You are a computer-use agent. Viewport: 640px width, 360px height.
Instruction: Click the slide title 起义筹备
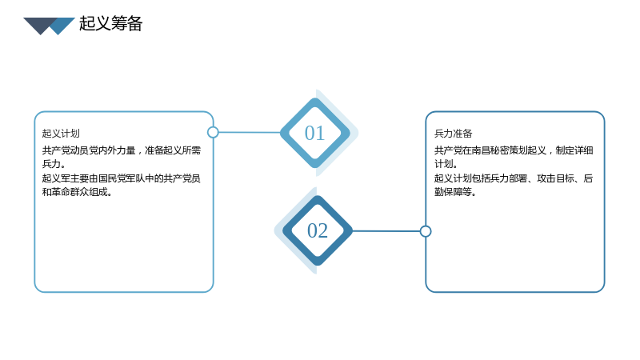[x=110, y=23]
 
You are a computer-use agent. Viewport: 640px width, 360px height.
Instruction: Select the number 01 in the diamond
[x=314, y=133]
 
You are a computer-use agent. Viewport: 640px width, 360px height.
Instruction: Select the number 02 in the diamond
[x=318, y=230]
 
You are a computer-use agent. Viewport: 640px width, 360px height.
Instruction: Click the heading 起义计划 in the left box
[x=61, y=134]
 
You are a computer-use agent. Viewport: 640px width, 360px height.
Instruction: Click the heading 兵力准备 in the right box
[x=453, y=134]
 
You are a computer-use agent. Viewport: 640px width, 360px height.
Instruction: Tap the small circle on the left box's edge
[x=213, y=132]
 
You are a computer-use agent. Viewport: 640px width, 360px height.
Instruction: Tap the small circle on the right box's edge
[x=426, y=231]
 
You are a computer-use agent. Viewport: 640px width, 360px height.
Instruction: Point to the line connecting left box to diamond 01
[x=250, y=132]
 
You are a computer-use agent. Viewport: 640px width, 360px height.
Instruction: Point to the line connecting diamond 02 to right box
[x=386, y=231]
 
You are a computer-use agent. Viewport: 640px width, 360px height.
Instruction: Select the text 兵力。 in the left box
[x=54, y=164]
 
